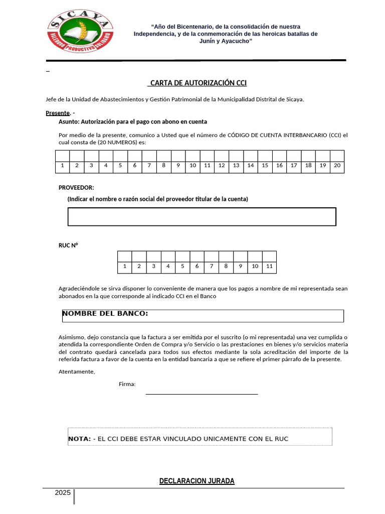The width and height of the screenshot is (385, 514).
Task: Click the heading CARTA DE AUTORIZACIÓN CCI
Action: click(x=198, y=83)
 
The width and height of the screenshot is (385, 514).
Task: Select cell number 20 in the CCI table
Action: click(x=337, y=165)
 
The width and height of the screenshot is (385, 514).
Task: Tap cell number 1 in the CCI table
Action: click(x=62, y=165)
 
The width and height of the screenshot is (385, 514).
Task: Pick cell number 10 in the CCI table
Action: click(x=192, y=165)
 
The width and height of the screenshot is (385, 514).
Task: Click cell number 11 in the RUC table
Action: click(x=269, y=266)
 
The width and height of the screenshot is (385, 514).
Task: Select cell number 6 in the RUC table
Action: click(x=197, y=266)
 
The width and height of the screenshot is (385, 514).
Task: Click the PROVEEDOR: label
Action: click(x=76, y=187)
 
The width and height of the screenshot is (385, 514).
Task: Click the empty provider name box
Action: click(x=202, y=216)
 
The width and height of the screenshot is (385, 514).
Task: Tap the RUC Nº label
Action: click(x=69, y=245)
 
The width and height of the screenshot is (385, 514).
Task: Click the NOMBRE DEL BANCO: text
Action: click(x=105, y=314)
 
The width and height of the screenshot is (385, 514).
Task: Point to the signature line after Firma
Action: click(x=202, y=394)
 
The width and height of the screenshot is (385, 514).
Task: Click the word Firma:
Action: click(x=127, y=384)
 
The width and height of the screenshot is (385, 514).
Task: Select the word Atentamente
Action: click(x=76, y=371)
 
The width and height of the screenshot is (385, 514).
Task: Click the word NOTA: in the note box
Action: click(x=79, y=439)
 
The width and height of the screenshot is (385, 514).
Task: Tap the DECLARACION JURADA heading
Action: click(x=197, y=481)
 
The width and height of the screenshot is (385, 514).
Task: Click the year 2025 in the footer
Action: click(x=63, y=493)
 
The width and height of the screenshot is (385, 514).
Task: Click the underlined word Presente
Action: click(x=58, y=113)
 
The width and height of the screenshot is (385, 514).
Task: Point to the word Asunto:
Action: click(x=69, y=121)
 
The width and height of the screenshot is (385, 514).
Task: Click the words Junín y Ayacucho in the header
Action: click(x=225, y=41)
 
